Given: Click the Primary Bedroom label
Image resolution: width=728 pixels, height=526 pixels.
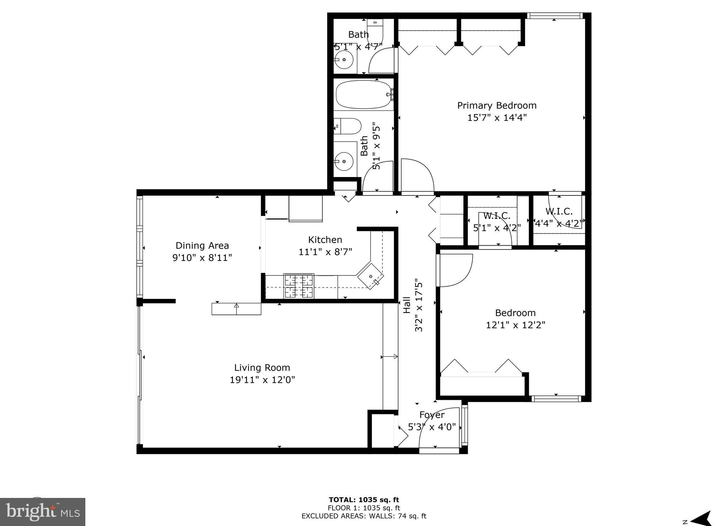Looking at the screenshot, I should click(x=496, y=106).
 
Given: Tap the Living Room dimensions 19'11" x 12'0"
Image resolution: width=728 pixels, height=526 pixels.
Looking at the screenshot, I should click(x=262, y=380).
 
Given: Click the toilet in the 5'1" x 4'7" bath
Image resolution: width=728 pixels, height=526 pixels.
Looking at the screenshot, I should click(x=376, y=30).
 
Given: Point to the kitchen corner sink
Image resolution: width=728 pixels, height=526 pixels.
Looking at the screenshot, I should click(x=371, y=276).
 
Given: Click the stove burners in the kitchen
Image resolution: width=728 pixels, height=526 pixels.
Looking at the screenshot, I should click(x=299, y=286).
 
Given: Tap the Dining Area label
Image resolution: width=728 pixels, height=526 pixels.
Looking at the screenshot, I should click(x=202, y=246).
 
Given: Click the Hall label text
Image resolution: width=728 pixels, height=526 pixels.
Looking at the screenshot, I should click(x=407, y=305).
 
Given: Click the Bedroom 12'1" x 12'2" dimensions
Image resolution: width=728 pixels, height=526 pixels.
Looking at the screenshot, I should click(x=515, y=325).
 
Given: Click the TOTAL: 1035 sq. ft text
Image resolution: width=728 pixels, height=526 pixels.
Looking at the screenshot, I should click(x=363, y=500).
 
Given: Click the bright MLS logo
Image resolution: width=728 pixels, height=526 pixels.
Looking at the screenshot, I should click(x=43, y=512).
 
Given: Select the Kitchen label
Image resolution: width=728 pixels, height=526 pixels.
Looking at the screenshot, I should click(x=325, y=240).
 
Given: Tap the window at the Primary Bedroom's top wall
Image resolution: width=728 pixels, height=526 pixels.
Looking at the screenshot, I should click(x=554, y=16).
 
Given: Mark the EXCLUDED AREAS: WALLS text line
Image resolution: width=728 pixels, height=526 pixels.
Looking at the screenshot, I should click(x=363, y=516).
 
